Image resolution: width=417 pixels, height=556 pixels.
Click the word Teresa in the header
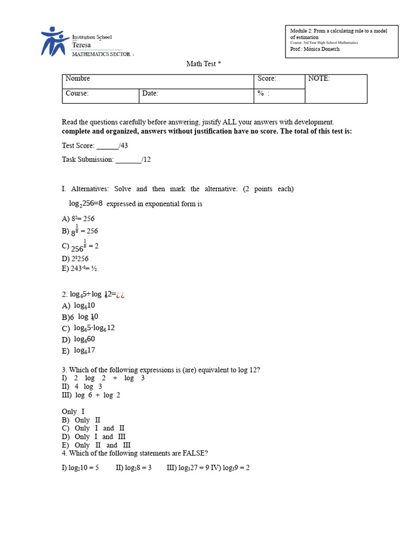(81, 46)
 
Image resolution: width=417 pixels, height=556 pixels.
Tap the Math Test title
(204, 64)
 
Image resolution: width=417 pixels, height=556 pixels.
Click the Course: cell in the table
(100, 94)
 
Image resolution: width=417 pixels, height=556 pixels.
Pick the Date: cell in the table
(195, 94)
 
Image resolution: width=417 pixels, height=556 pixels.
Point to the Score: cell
(280, 79)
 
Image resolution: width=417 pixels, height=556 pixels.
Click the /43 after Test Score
(123, 146)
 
